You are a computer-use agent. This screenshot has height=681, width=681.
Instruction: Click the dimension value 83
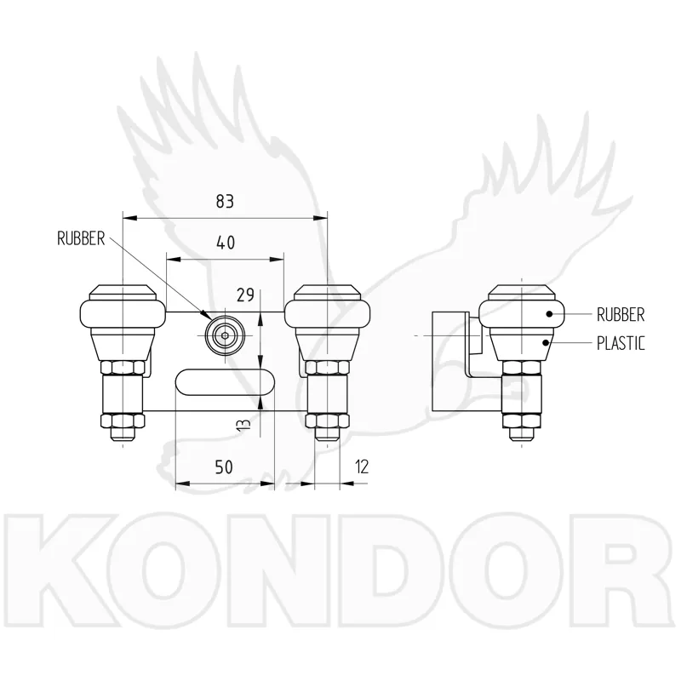[225, 201]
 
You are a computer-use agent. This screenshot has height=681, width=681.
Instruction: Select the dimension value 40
[226, 243]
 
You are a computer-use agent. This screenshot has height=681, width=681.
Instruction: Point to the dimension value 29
[245, 295]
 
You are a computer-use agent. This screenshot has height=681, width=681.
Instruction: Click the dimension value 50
[224, 466]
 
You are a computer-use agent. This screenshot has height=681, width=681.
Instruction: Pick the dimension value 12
[361, 466]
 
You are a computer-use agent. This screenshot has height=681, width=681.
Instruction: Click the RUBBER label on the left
[81, 238]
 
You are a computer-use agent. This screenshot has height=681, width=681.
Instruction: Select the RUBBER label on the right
[621, 314]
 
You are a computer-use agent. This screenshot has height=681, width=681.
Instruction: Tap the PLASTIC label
[621, 343]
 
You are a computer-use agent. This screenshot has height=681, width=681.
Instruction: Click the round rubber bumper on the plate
[225, 335]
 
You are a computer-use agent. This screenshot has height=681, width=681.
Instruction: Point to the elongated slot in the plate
[225, 382]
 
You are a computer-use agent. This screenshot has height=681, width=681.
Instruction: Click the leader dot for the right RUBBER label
[549, 313]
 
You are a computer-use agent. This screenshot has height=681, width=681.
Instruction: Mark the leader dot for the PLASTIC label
[546, 343]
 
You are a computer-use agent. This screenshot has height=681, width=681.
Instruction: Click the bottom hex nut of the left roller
[123, 421]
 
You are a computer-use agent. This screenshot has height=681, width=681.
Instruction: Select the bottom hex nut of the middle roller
[328, 421]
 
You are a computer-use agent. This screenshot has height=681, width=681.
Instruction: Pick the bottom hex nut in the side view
[522, 421]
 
